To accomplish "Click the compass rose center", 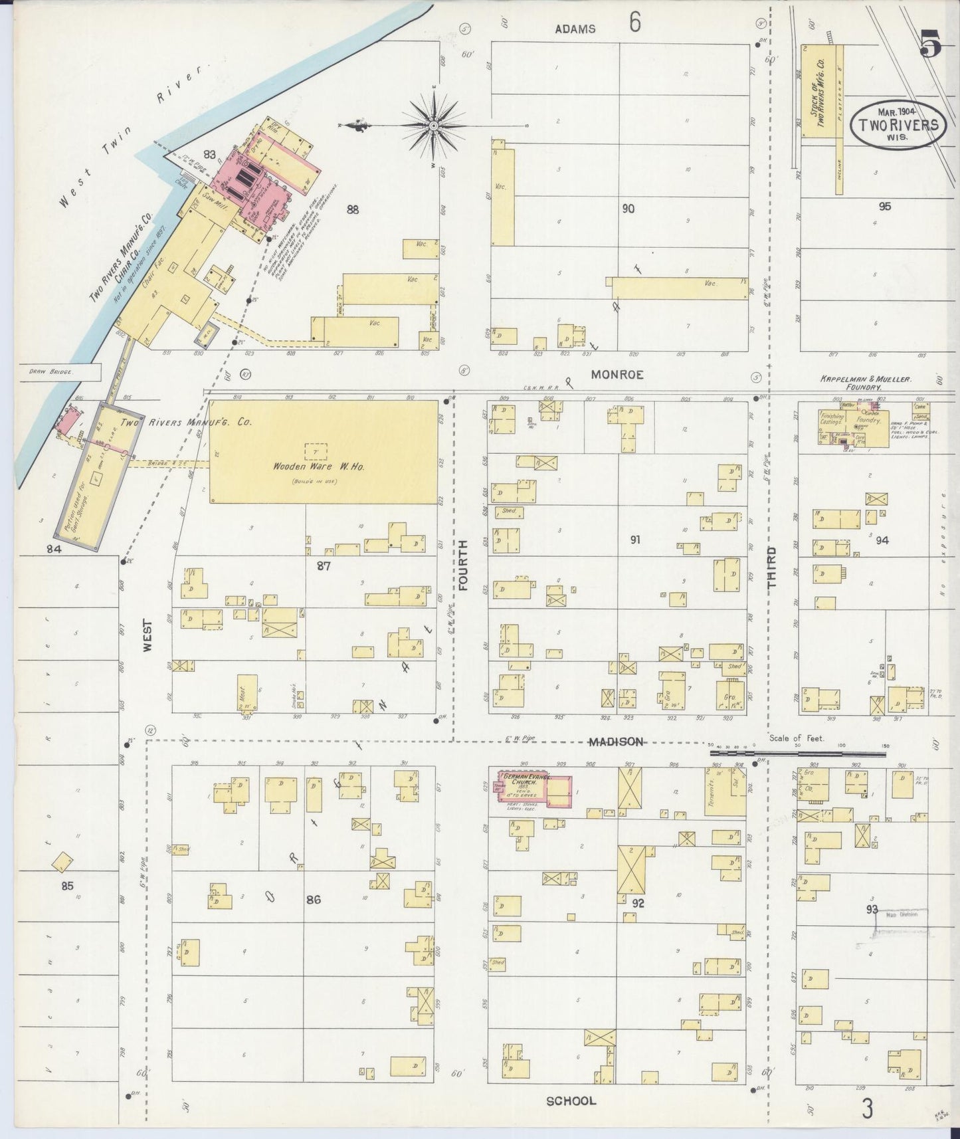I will (433, 125).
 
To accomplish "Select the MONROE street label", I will (617, 375).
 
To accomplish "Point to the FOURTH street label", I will (463, 565).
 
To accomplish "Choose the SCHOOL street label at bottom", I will (571, 1101).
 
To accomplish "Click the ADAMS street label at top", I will (575, 29).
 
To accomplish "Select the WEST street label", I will (147, 635).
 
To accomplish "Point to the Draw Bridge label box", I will (49, 373).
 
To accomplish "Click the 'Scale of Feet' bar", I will (797, 754).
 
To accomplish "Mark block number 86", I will (313, 900).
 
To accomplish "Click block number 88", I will (352, 209).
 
